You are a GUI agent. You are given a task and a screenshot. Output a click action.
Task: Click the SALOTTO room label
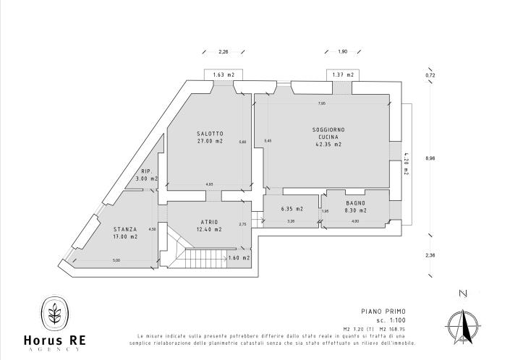pyautogui.click(x=210, y=134)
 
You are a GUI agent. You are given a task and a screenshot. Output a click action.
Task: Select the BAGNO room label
pyautogui.click(x=354, y=203)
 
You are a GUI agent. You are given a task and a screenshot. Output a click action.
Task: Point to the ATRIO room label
pyautogui.click(x=209, y=221)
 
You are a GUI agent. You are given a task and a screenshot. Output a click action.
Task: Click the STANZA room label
pyautogui.click(x=124, y=228)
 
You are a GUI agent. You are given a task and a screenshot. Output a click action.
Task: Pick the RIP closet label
pyautogui.click(x=145, y=171)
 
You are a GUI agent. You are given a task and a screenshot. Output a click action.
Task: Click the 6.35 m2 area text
pyautogui.click(x=291, y=209)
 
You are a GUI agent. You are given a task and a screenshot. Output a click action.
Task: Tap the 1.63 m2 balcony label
pyautogui.click(x=223, y=74)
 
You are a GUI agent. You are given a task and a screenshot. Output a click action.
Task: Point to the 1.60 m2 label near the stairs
pyautogui.click(x=239, y=257)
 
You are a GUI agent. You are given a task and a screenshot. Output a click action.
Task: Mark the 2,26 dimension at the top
pyautogui.click(x=223, y=52)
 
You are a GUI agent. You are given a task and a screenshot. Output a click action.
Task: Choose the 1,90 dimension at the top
pyautogui.click(x=342, y=52)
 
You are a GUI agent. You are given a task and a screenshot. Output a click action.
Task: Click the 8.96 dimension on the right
pyautogui.click(x=430, y=158)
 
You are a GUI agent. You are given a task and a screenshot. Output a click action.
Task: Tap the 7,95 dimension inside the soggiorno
pyautogui.click(x=321, y=103)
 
